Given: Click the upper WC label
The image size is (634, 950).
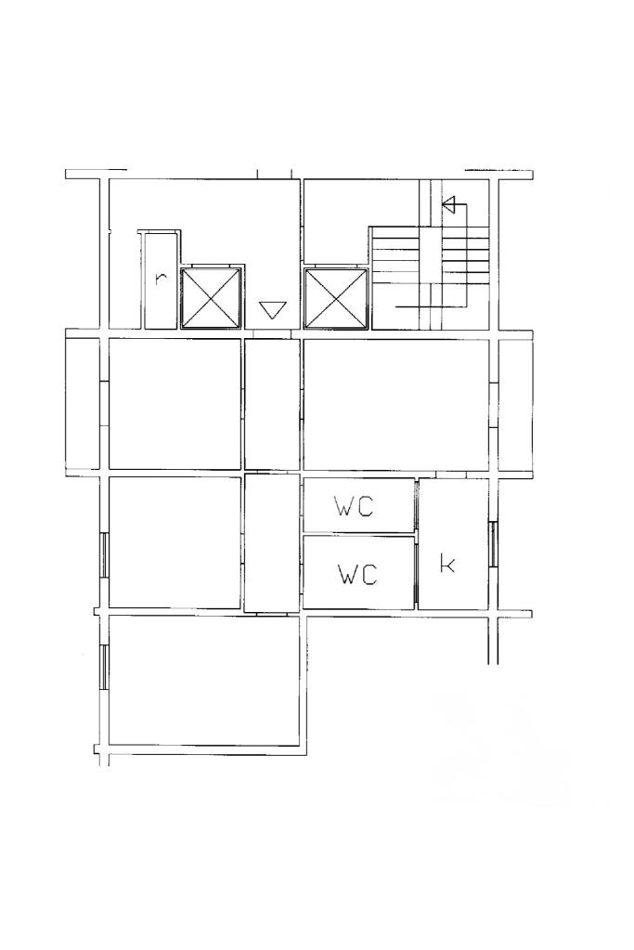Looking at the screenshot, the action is coord(355,506).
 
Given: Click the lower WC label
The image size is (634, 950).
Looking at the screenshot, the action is coord(357,574).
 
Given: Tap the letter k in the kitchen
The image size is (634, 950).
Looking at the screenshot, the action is coord(447,564).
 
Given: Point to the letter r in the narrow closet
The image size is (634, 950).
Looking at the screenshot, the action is coord(160,279).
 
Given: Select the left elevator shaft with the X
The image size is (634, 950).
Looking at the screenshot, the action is coord(212,298).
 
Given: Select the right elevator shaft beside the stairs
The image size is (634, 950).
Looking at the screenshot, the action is coord(335,299).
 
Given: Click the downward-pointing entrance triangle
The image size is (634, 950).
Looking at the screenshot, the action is coord(272,310).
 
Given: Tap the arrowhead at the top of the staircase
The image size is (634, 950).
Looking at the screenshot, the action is coord(448,205).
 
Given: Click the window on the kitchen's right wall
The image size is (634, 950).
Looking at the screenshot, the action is coord(493,543).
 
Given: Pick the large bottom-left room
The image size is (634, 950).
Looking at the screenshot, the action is coord(204,681).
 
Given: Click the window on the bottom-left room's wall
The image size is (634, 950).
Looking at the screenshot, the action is coord(104,668).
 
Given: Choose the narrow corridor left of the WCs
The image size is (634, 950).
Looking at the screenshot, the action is coord(272,543).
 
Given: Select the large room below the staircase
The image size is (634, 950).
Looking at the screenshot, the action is coord(396,404).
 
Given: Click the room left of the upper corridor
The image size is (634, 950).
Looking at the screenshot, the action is coord(175,404).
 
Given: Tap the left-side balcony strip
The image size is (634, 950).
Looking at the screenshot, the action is coord(83,404).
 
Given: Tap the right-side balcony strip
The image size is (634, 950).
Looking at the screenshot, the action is coord(516,404).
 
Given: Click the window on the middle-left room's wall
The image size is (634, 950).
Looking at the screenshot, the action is coord(104,555).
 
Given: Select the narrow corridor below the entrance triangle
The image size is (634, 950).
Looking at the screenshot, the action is coord(272,404).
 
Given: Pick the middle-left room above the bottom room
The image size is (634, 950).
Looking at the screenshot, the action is coord(175,542).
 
